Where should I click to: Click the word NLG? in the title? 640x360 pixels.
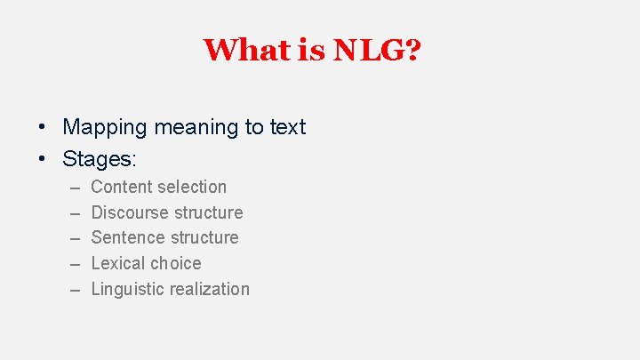pos(377,50)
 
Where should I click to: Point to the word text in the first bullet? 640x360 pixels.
pos(287,128)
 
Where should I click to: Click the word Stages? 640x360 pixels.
pos(99,159)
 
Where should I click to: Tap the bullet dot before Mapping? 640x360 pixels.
pos(43,128)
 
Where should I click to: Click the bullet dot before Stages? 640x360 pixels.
pos(43,159)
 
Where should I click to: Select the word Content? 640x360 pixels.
pos(122,187)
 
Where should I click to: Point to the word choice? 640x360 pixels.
pos(177,263)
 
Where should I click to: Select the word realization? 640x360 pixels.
pos(209,289)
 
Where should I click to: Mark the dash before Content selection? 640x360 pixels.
pos(72,188)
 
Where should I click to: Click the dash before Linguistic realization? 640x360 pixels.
pos(72,290)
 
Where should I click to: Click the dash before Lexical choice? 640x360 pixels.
pos(72,264)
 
